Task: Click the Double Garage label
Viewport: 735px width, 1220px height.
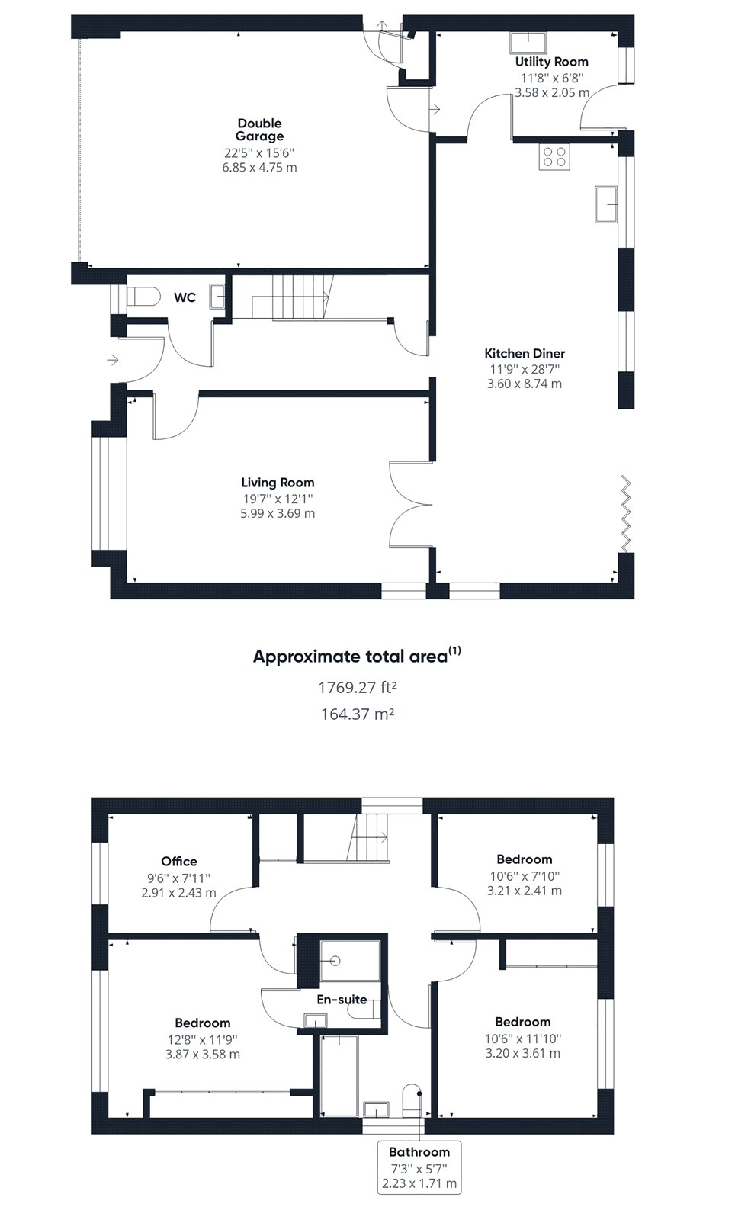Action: (259, 130)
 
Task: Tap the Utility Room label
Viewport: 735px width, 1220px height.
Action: (551, 62)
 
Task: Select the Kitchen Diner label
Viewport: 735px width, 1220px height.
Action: (525, 353)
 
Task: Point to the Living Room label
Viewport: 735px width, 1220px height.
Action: (278, 482)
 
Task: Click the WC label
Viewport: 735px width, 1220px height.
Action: (185, 297)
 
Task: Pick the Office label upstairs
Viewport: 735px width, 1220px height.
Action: (178, 861)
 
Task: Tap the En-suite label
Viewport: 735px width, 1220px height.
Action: (342, 1000)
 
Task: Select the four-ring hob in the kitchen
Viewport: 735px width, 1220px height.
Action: (554, 157)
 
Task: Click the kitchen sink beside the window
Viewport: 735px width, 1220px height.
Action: (606, 204)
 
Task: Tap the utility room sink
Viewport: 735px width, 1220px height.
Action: (528, 42)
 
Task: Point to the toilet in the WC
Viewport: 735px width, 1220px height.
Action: (143, 297)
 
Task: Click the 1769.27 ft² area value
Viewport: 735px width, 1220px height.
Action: (357, 687)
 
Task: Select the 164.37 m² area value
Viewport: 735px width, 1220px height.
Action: (357, 714)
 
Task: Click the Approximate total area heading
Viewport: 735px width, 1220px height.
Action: (357, 656)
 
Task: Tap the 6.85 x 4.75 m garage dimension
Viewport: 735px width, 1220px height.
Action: (259, 168)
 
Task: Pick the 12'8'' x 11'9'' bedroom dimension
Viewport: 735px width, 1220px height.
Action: (203, 1039)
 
